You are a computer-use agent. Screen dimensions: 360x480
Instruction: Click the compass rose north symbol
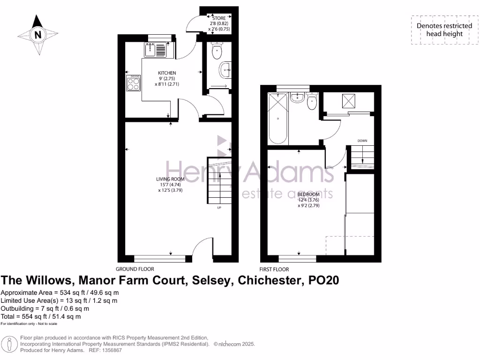tap(37, 34)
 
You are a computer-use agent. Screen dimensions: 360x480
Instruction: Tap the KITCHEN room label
tap(167, 73)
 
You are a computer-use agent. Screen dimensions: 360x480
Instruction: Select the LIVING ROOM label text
tap(170, 179)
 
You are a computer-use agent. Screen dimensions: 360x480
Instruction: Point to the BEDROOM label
tap(308, 194)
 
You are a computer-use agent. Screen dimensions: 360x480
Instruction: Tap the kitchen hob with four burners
tap(133, 83)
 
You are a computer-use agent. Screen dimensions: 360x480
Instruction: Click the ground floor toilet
tap(217, 51)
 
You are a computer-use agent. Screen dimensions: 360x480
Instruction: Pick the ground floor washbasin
tap(225, 71)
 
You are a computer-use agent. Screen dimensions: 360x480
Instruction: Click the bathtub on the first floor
tap(277, 119)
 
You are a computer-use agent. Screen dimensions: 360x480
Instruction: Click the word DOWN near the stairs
tap(362, 141)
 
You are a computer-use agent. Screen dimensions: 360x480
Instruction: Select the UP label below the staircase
tap(219, 208)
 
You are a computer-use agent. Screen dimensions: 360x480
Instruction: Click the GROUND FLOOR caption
tap(135, 269)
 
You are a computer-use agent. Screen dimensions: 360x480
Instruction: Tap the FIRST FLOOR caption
tap(274, 270)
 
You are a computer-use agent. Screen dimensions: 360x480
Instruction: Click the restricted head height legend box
tap(444, 30)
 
